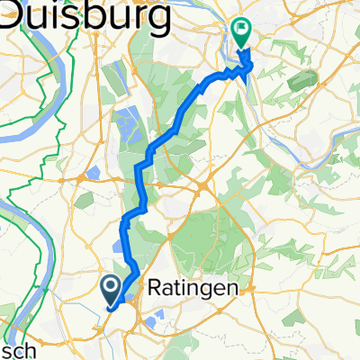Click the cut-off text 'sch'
tap(18, 350)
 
